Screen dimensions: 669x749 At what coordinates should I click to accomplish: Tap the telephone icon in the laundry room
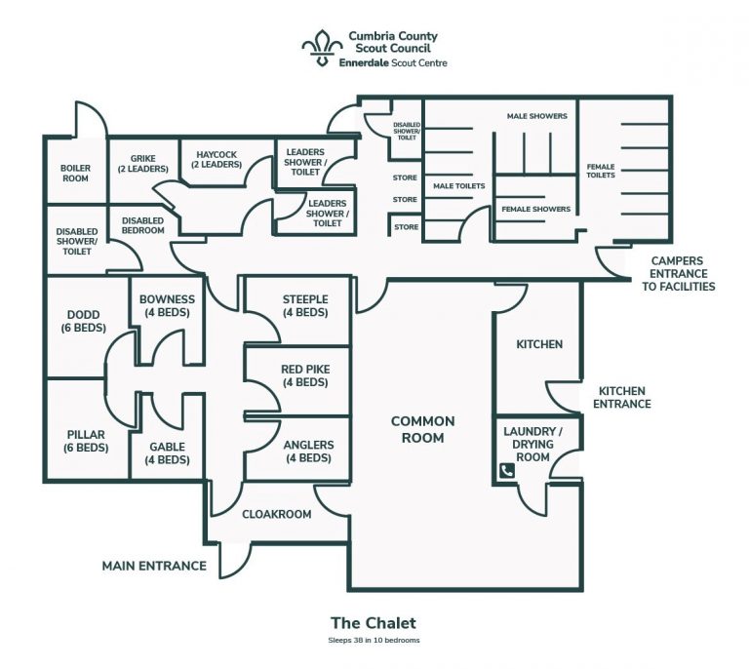[506, 471]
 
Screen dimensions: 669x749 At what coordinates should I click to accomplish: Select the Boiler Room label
[75, 173]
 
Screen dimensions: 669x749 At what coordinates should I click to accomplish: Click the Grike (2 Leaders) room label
[142, 162]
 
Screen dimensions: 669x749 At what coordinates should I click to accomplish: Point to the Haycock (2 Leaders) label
[217, 159]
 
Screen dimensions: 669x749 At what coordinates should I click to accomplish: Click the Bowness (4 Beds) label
[167, 305]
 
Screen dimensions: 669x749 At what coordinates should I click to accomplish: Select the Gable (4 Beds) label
[167, 453]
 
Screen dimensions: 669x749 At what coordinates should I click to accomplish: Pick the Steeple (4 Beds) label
[304, 305]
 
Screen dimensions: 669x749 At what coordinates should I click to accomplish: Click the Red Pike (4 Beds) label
[304, 376]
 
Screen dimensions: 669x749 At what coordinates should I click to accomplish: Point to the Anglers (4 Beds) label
[307, 452]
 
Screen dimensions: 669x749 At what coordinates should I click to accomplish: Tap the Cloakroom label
[276, 514]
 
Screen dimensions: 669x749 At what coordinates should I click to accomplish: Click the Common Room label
[422, 429]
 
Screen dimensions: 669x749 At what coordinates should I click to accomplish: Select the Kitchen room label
[539, 344]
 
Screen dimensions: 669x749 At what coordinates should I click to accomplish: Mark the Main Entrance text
[154, 566]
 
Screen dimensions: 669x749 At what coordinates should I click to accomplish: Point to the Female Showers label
[535, 209]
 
